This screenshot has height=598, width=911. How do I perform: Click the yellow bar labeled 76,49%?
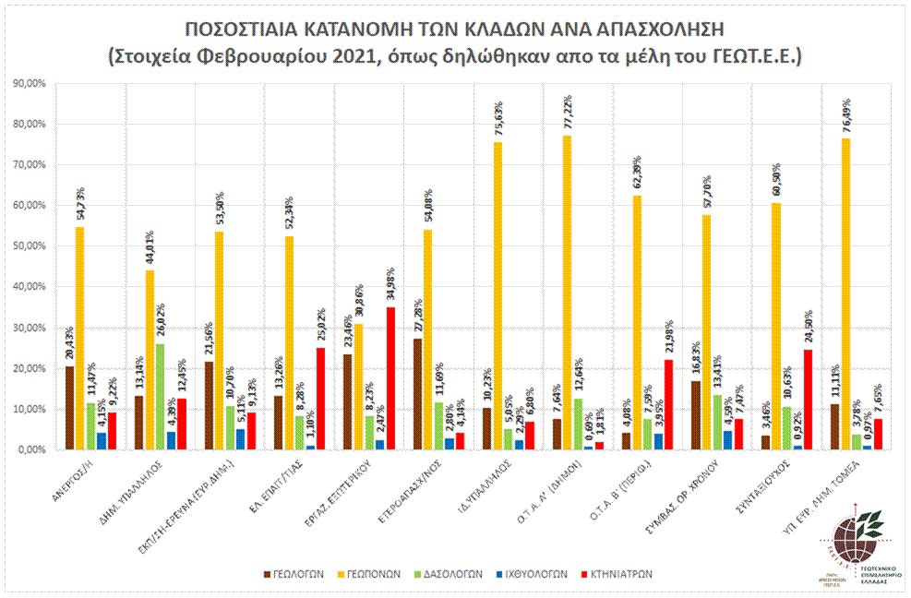(845, 294)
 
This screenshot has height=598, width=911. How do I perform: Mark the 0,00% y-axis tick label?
(30, 450)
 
